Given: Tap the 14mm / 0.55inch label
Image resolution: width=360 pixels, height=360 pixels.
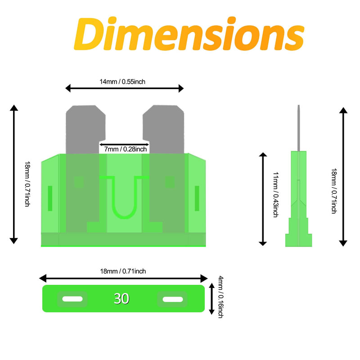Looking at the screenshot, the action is (122, 82).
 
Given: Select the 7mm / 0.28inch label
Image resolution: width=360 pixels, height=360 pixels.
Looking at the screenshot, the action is (126, 149).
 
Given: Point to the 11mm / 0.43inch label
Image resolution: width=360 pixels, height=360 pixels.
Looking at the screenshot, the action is (275, 194).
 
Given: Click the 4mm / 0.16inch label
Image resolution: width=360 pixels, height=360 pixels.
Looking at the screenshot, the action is (220, 297).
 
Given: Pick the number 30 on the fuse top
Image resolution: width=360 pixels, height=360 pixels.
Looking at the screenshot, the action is (121, 299).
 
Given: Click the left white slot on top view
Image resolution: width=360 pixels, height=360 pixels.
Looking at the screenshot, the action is (72, 299).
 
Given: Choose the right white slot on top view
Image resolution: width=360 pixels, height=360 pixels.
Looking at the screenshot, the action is (173, 299).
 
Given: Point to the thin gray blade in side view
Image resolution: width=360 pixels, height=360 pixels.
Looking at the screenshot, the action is (298, 128).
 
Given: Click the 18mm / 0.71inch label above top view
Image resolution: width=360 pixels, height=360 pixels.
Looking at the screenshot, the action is (123, 271).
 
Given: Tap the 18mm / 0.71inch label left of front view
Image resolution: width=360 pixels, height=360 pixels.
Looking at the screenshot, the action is (27, 184).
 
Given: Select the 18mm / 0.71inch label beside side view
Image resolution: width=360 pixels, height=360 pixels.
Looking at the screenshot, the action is (334, 191).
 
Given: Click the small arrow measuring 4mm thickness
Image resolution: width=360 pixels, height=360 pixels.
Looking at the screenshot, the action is (211, 299).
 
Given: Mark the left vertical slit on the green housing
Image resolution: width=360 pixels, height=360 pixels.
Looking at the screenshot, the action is (50, 198).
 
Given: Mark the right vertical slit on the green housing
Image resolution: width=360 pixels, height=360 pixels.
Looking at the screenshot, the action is (197, 198).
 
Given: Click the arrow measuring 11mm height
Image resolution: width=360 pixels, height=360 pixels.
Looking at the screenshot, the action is (263, 199).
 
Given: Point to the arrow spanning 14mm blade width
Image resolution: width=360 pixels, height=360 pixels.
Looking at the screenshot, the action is (125, 88).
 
